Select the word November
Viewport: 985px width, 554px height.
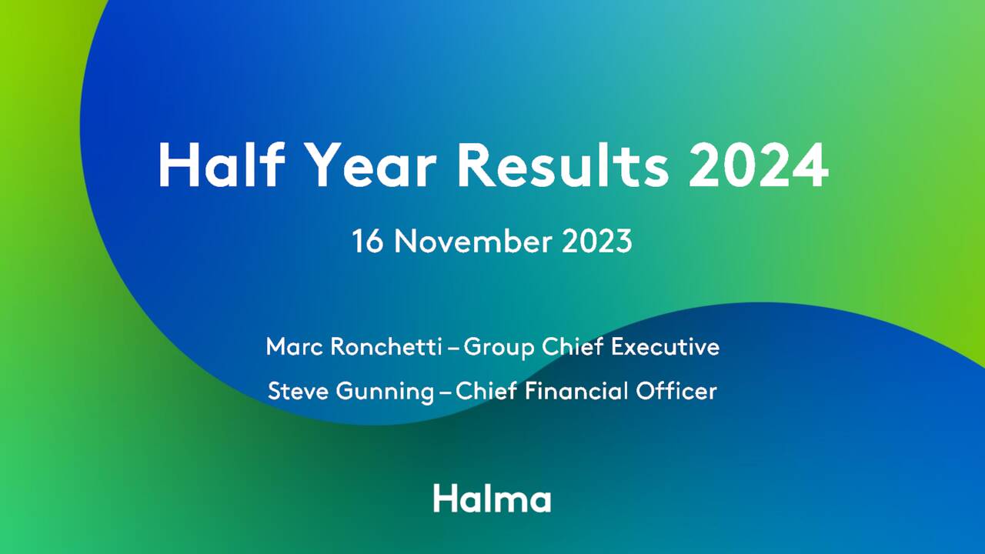point(475,242)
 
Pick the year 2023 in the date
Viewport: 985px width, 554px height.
point(597,242)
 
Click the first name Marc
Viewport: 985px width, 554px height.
point(294,347)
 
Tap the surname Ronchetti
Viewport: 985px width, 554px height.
point(386,347)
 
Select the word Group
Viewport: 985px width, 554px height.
point(499,348)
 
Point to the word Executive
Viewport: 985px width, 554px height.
point(665,347)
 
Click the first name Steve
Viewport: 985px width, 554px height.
point(298,391)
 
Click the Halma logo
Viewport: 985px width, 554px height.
point(492,498)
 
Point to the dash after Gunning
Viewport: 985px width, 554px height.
point(446,392)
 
